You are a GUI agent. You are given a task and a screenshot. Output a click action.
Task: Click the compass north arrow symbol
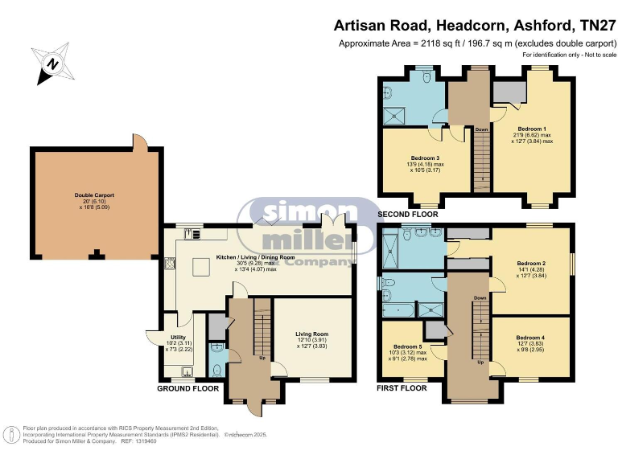[51, 64]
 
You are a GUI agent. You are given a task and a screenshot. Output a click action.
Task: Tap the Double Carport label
[94, 199]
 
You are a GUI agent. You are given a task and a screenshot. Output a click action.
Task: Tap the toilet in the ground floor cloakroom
[217, 369]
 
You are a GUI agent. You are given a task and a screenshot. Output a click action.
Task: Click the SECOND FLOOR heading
[408, 215]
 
